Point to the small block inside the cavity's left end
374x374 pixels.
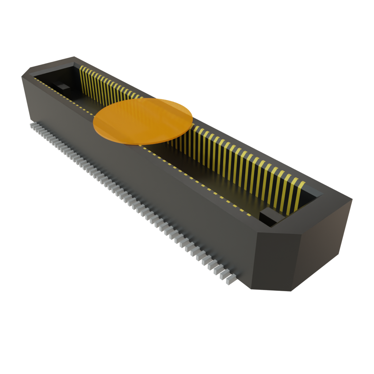point(63,87)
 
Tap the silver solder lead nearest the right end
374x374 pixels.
point(231,280)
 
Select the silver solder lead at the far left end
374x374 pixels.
point(32,125)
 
